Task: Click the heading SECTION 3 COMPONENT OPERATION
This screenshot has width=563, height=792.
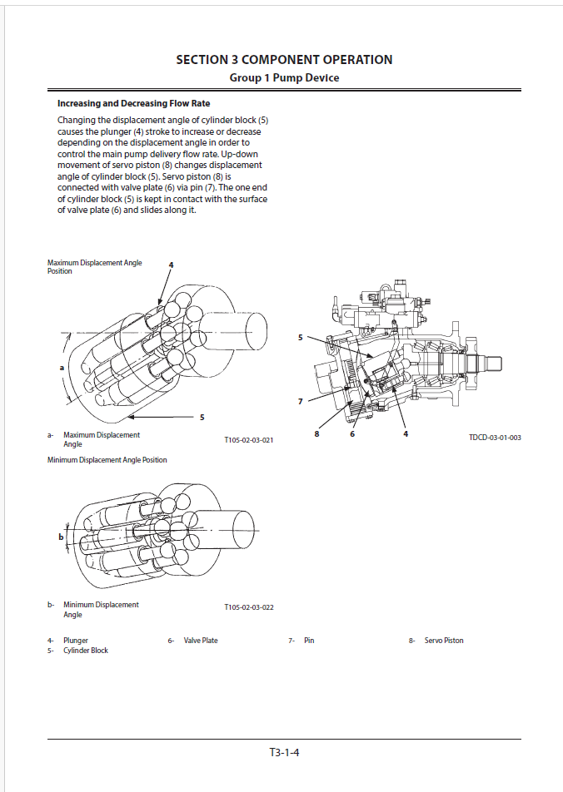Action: [284, 60]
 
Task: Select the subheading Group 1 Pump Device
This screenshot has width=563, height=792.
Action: [284, 78]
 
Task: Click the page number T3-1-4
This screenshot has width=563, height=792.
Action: [284, 753]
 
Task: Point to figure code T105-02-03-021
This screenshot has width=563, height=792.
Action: [248, 439]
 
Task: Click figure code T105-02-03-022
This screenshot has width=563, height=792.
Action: [248, 608]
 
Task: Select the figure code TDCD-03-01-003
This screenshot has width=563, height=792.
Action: [495, 438]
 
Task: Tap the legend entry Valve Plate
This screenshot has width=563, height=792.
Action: [201, 641]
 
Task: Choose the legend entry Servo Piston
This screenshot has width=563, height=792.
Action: [444, 641]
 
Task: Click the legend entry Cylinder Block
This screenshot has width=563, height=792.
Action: [86, 651]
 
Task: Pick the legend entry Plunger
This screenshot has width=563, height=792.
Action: [76, 641]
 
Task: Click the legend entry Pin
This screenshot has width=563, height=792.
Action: [309, 641]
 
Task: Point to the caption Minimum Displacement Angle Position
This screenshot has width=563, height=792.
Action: [107, 460]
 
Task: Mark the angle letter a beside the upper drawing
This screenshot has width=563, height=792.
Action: [62, 367]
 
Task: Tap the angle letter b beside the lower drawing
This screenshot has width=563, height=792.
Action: [61, 537]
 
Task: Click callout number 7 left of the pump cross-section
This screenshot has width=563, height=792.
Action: [301, 402]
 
